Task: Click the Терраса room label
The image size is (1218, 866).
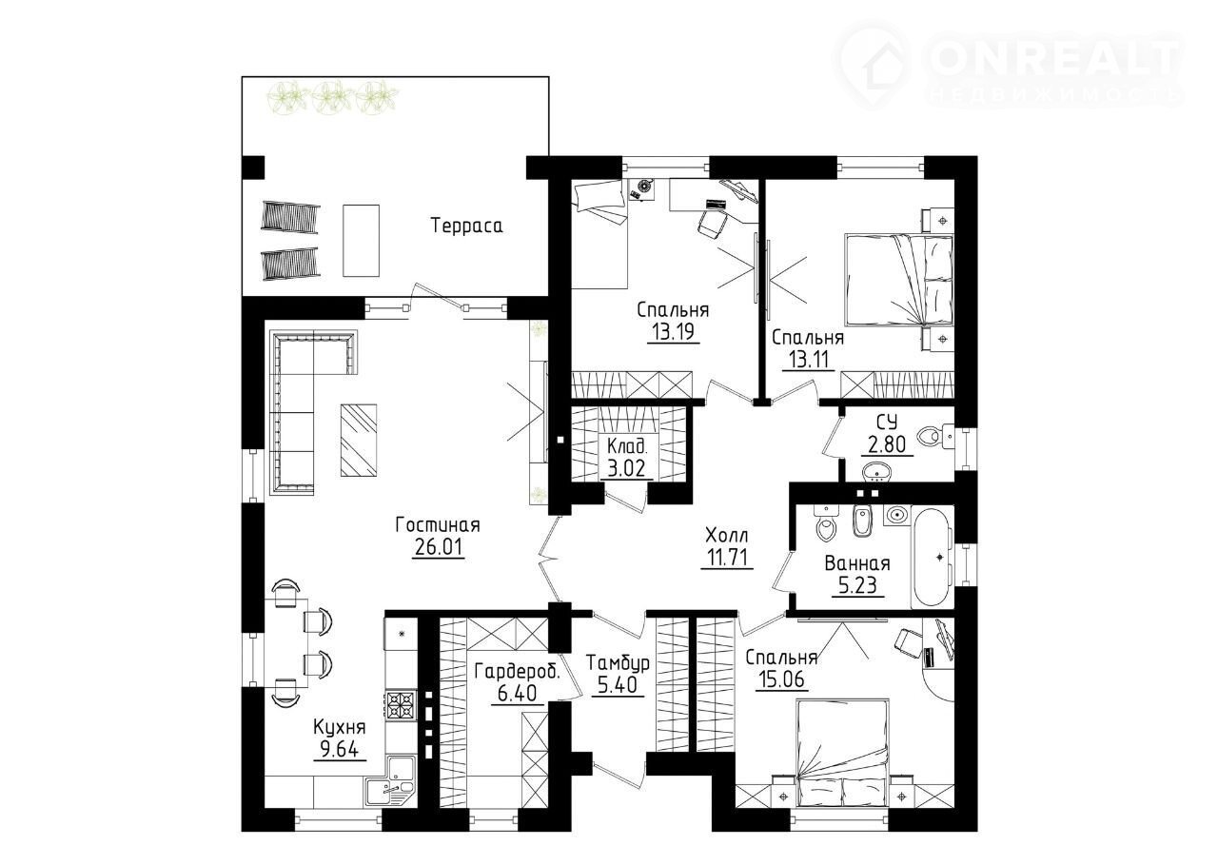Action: click(466, 226)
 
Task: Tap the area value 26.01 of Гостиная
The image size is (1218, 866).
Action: click(439, 546)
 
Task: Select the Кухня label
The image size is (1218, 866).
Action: click(340, 727)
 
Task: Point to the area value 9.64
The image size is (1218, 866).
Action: click(340, 750)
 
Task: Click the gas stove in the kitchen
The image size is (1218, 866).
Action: click(401, 705)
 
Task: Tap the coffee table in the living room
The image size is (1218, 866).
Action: click(359, 440)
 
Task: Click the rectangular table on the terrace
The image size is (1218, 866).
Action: click(361, 241)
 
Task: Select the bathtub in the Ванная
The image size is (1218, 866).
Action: click(932, 558)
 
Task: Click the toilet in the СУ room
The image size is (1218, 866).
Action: click(934, 436)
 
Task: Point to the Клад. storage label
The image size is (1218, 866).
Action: click(627, 447)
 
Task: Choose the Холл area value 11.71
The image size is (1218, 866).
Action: click(726, 557)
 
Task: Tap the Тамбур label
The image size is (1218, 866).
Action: click(618, 662)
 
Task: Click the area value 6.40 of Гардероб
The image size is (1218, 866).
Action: click(517, 693)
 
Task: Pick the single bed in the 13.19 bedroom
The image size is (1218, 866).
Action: click(599, 234)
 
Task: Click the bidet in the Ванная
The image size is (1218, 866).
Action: click(861, 521)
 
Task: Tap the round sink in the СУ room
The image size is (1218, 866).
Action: click(875, 471)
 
